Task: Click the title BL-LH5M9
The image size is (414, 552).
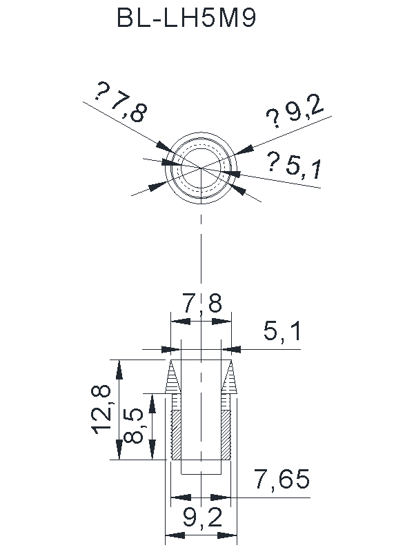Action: pos(186,18)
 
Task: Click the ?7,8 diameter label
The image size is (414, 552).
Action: pos(120,103)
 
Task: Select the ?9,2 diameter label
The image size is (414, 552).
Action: pos(295,112)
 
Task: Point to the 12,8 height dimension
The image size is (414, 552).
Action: pos(101,410)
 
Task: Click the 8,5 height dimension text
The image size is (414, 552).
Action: pos(133,426)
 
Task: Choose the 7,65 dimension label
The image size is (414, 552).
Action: pos(282,479)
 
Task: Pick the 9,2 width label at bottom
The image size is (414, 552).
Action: pos(202,518)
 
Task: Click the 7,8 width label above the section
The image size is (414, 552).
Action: pos(202,303)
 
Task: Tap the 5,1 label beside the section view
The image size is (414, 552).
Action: pos(282,331)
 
